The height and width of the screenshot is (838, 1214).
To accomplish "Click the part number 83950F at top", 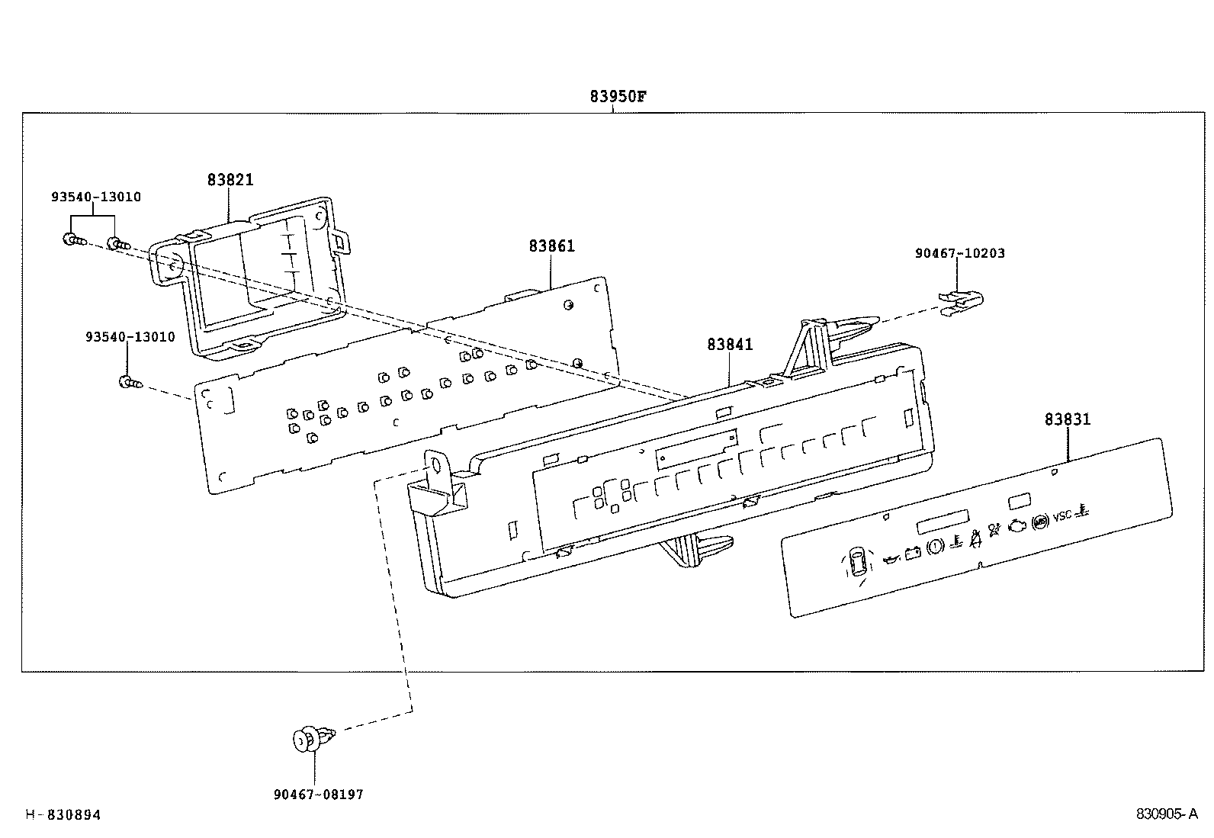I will (618, 97).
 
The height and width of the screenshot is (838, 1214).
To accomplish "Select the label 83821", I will (230, 180).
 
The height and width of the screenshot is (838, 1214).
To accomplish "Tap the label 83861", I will (551, 246).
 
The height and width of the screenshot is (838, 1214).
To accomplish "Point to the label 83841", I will (729, 344).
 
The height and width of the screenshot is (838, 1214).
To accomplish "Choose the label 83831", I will (1067, 419).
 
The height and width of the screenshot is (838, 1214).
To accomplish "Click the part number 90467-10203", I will (959, 253).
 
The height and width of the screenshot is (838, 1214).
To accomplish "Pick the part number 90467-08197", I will (318, 795).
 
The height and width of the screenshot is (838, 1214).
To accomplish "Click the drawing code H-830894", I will (63, 815).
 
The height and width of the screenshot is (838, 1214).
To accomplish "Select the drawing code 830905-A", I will (1167, 814).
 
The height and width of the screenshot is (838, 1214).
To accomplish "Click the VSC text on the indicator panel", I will (1062, 517).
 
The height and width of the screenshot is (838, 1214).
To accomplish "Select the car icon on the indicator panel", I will (858, 563).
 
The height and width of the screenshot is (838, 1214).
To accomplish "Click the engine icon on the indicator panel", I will (1017, 525).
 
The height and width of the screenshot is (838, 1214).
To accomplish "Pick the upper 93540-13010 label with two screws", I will (95, 197).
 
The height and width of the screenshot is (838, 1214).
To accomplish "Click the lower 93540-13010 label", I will (130, 336).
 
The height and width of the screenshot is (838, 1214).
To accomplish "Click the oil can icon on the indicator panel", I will (889, 560).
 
